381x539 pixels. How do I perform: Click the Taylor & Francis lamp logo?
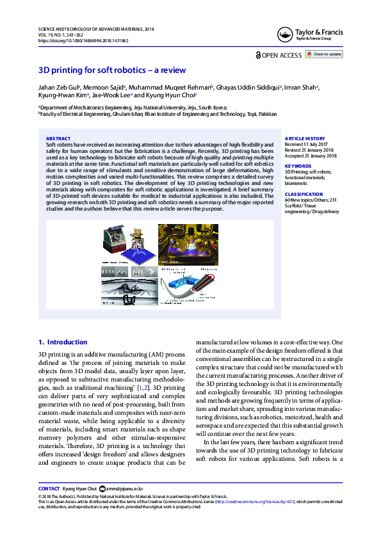pos(285,35)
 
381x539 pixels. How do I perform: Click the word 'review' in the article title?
pos(173,70)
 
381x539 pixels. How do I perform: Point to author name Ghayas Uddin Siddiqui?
pos(248,86)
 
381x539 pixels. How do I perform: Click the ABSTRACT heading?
pos(58,138)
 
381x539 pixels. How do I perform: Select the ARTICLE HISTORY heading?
pos(305,138)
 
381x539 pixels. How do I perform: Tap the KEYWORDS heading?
pos(298,166)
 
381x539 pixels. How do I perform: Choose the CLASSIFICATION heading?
pos(304,193)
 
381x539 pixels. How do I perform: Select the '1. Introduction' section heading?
pos(63,342)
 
